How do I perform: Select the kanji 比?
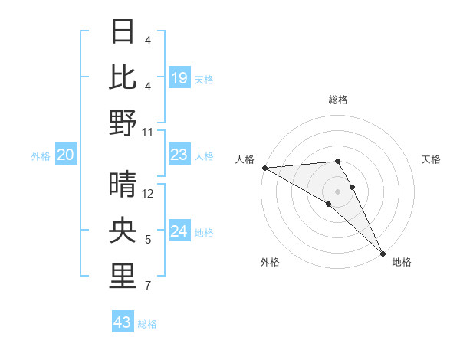(123, 78)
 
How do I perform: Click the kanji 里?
(123, 277)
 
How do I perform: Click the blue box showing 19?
(179, 78)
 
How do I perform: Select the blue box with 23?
(179, 155)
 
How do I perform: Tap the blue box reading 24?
(179, 231)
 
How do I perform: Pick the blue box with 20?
(66, 155)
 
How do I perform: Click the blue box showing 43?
(123, 322)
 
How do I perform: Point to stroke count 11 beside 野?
(148, 133)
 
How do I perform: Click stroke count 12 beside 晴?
(148, 194)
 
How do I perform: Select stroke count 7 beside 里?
(148, 286)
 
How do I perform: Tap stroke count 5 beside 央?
(148, 241)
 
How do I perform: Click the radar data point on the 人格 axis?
(264, 168)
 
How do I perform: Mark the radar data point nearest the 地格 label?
(383, 252)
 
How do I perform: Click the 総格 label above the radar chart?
(338, 100)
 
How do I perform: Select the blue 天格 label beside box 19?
(204, 79)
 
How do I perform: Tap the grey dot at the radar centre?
(337, 190)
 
